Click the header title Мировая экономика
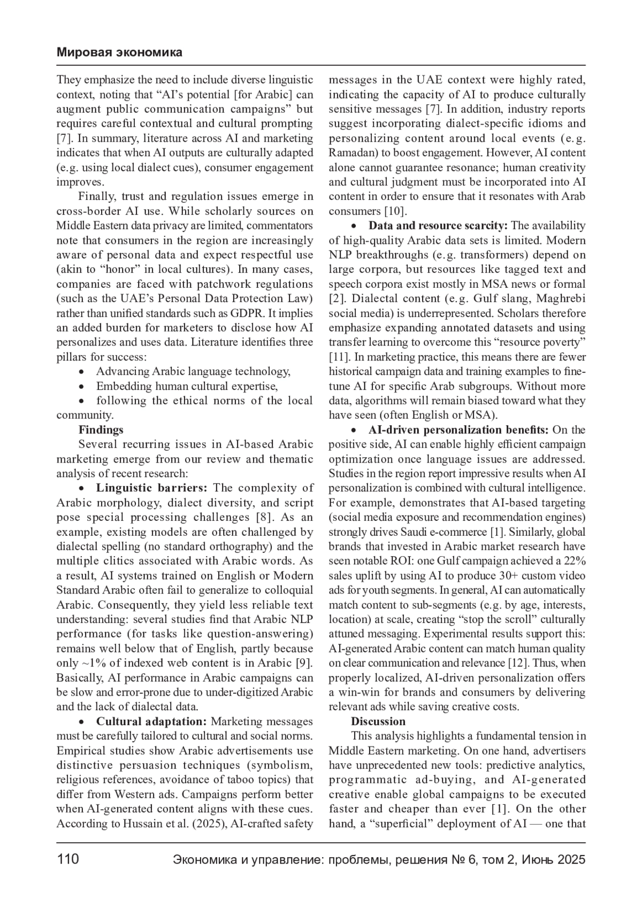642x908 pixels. point(119,52)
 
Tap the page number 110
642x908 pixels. point(68,859)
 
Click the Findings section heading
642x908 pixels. point(101,430)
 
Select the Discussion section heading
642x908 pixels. point(378,721)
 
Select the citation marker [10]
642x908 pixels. point(396,211)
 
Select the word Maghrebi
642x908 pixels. point(561,299)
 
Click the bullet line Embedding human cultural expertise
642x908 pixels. point(187,386)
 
